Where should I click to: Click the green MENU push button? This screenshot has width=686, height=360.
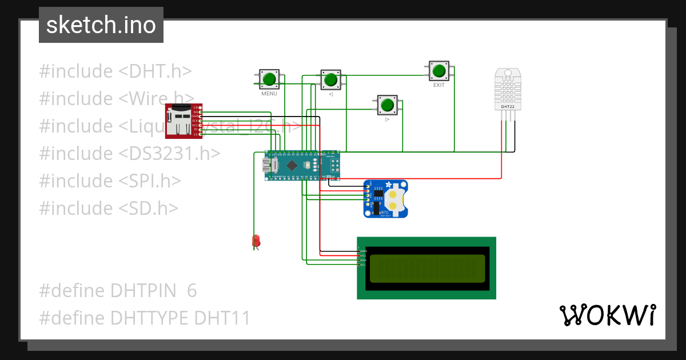click(x=269, y=78)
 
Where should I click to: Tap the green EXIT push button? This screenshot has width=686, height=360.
click(x=438, y=71)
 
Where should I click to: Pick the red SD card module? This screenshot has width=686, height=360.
click(x=181, y=121)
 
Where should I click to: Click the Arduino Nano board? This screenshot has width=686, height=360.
click(x=302, y=166)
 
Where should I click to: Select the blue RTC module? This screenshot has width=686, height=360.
click(x=386, y=198)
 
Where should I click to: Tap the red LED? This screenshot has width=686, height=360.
click(x=256, y=241)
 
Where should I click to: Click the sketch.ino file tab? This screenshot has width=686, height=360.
click(x=101, y=25)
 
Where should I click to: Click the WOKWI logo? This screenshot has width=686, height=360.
click(x=607, y=315)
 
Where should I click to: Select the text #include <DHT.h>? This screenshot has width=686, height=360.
click(x=115, y=71)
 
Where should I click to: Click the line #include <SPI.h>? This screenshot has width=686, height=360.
click(x=110, y=181)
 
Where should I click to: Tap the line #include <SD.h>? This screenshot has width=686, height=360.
click(x=108, y=208)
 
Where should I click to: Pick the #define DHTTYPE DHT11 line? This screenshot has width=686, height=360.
click(x=145, y=318)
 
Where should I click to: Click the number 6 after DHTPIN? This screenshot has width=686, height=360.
click(x=192, y=291)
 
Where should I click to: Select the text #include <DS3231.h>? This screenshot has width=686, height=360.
click(x=129, y=153)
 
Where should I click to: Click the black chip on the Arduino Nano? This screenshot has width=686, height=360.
click(x=292, y=166)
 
